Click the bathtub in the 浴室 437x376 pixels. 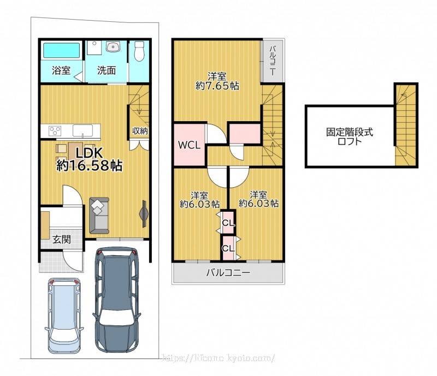coord(62,50)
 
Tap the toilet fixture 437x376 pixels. coord(139,51)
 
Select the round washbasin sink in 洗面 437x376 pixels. coord(113,46)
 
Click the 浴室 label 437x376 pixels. coord(61,70)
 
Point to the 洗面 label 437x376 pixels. coord(106,70)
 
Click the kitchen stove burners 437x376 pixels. coord(55,130)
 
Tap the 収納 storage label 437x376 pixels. coord(140,130)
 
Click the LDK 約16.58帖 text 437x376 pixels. coord(89,159)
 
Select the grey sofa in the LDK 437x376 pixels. coord(99,216)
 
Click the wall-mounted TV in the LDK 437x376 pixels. coord(144,213)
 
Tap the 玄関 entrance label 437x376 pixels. coord(62,239)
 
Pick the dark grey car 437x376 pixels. coord(117,300)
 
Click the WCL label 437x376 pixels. coord(189,145)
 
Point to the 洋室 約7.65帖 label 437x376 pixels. coord(217,81)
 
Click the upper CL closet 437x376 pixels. coord(228,223)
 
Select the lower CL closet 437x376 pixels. coord(228,248)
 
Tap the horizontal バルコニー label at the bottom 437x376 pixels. coord(228,272)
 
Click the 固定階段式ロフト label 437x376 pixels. coord(350,136)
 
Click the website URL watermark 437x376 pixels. coord(219,357)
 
